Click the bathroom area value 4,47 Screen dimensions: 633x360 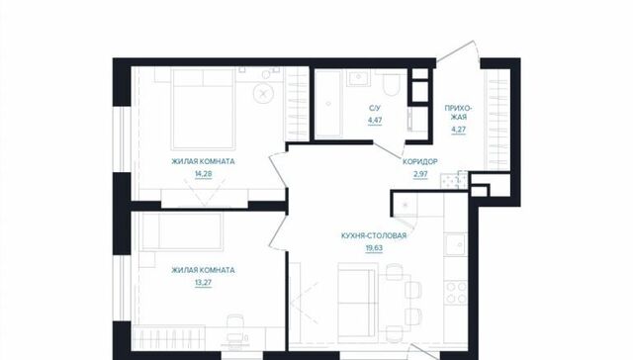pyautogui.click(x=375, y=121)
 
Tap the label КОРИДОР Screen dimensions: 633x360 pyautogui.click(x=419, y=162)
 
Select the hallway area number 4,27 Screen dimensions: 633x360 pyautogui.click(x=459, y=130)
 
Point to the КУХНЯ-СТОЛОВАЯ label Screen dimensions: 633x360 pyautogui.click(x=374, y=235)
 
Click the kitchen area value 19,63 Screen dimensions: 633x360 pyautogui.click(x=374, y=248)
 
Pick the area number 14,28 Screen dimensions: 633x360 pyautogui.click(x=203, y=174)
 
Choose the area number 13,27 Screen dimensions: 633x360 pyautogui.click(x=203, y=283)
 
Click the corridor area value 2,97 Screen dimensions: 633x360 pyautogui.click(x=420, y=174)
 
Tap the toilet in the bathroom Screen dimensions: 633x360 pyautogui.click(x=391, y=83)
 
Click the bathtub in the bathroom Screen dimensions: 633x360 pyautogui.click(x=328, y=104)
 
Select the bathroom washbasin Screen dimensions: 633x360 pyautogui.click(x=358, y=77)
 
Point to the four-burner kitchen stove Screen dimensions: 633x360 pyautogui.click(x=456, y=293)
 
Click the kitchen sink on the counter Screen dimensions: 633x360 pyautogui.click(x=456, y=244)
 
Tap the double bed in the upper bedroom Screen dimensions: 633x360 pyautogui.click(x=203, y=109)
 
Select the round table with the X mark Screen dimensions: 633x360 pyautogui.click(x=263, y=94)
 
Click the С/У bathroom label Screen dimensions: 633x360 pyautogui.click(x=375, y=108)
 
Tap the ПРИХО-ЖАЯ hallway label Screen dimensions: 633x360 pyautogui.click(x=459, y=113)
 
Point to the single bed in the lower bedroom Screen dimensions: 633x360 pyautogui.click(x=182, y=231)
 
